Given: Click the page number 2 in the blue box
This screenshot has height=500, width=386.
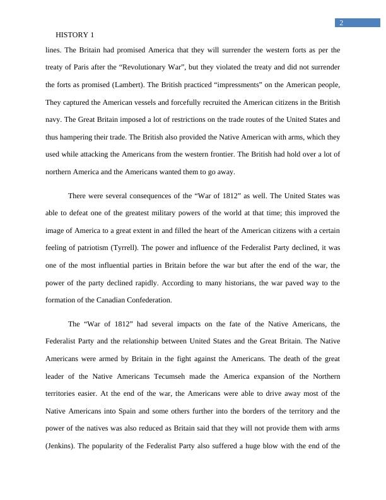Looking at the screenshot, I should (341, 23).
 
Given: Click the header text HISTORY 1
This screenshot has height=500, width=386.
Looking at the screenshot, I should (75, 35).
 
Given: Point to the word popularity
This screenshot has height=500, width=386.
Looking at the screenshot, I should (125, 446).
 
